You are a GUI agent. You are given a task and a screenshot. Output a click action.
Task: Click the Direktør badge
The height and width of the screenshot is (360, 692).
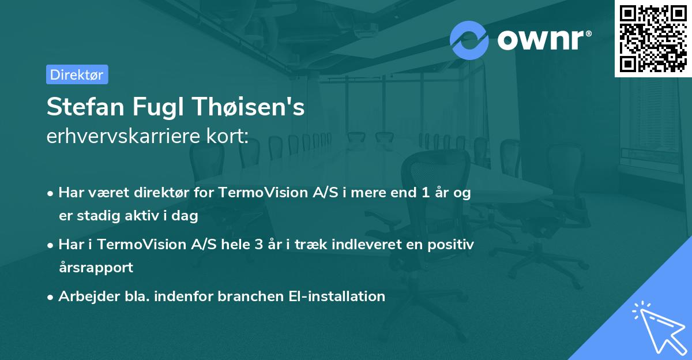click(77, 74)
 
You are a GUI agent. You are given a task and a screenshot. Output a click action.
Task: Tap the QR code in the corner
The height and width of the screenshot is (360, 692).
click(653, 38)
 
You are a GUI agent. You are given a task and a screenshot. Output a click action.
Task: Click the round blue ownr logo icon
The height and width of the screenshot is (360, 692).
click(469, 40)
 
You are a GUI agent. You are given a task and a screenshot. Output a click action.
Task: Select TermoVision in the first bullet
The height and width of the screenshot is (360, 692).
click(254, 193)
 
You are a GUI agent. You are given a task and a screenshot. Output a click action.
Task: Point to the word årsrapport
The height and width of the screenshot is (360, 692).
click(96, 268)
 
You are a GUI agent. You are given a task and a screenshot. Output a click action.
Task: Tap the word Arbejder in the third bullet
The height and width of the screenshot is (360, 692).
click(85, 297)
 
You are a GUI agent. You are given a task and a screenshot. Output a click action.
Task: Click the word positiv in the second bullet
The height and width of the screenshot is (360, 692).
click(452, 245)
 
